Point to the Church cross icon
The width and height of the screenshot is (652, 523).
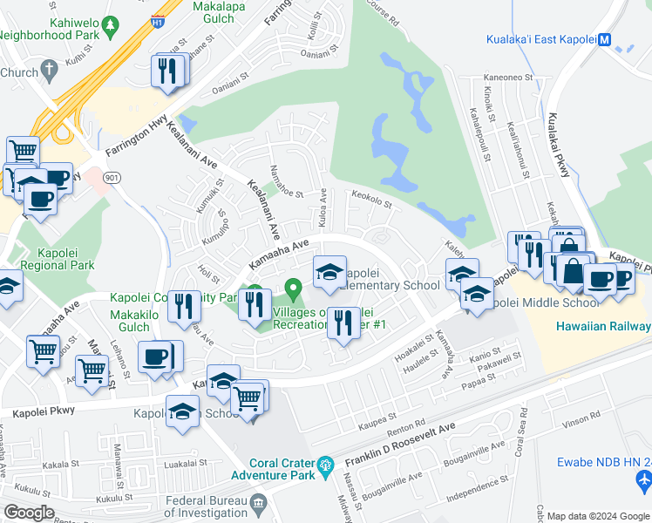click(x=50, y=69)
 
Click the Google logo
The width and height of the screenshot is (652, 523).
click(x=29, y=513)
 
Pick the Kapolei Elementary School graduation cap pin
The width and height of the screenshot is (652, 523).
click(x=329, y=272)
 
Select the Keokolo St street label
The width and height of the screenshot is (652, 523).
click(x=374, y=196)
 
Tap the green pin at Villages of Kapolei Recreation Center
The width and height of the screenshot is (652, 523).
click(x=294, y=286)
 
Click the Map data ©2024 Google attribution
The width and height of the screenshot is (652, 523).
click(x=597, y=516)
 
